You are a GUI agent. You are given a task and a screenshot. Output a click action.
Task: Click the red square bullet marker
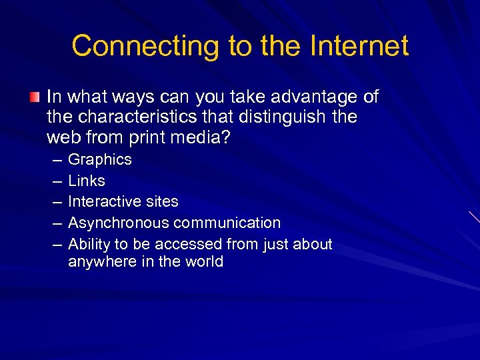(35, 98)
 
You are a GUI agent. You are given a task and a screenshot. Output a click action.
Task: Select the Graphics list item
(100, 160)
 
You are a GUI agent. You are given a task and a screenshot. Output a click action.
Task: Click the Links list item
(87, 181)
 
